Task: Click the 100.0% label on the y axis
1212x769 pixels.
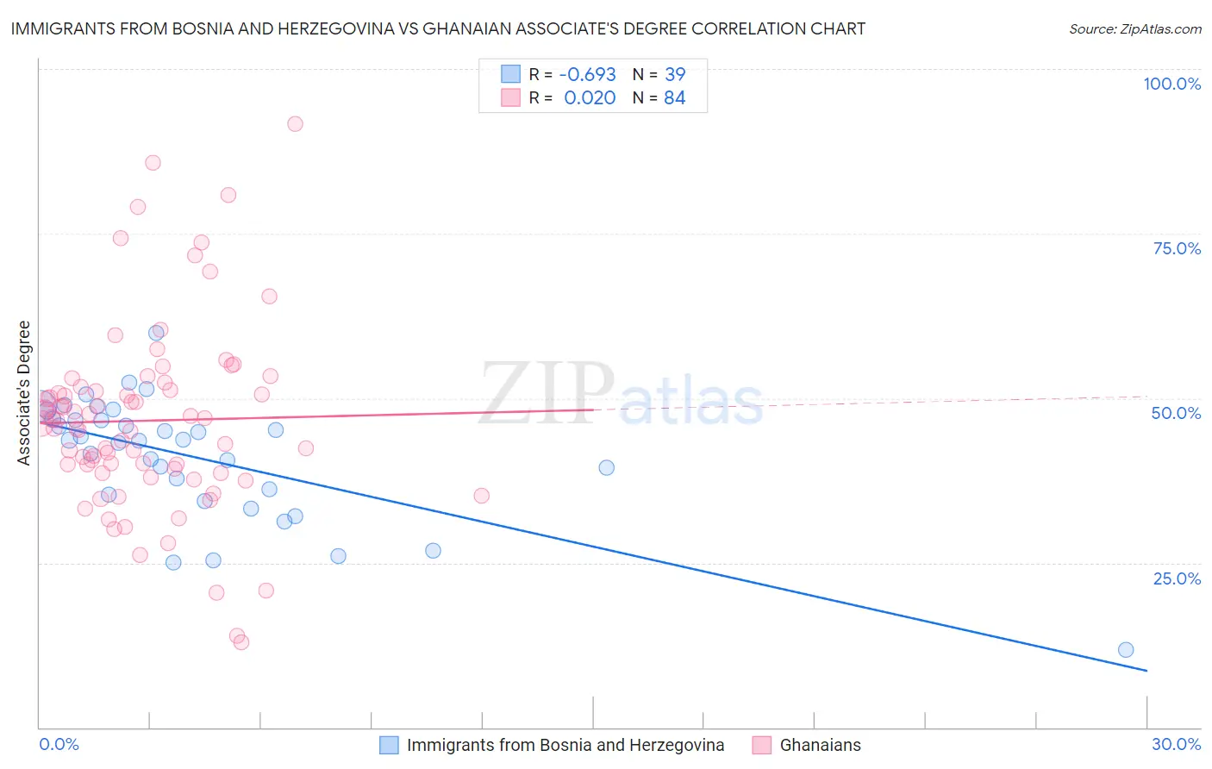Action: point(1171,84)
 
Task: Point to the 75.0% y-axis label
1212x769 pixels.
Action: point(1177,248)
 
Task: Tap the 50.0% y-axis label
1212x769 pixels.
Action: point(1176,413)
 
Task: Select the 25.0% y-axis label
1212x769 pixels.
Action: point(1177,578)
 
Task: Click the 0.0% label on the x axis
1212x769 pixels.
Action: point(59,744)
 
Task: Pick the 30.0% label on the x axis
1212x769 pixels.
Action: point(1176,744)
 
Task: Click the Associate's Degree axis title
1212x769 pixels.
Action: point(24,393)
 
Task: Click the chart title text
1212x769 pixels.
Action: point(438,29)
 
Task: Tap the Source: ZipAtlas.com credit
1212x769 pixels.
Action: point(1134,29)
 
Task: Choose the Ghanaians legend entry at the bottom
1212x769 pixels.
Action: point(820,745)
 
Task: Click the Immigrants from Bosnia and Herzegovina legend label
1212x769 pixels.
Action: point(565,745)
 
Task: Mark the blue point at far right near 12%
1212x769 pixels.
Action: point(1125,650)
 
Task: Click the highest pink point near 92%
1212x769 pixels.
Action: point(295,124)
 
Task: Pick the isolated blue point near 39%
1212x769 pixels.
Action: point(606,467)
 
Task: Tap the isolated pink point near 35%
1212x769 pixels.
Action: point(481,496)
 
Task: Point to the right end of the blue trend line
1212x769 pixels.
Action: point(1146,670)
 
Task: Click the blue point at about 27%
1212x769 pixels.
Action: point(433,551)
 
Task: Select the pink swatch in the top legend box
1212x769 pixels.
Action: point(510,98)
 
